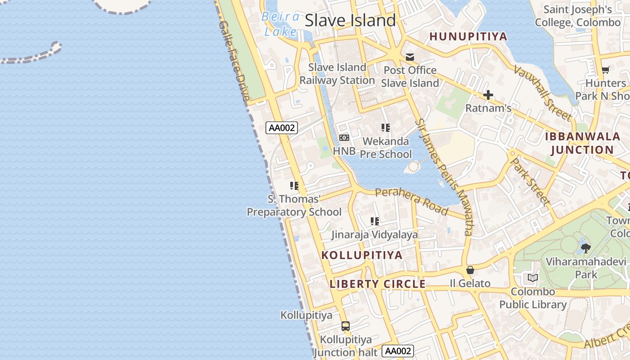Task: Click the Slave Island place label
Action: click(350, 20)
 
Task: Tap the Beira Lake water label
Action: click(281, 24)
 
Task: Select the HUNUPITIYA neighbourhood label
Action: click(468, 36)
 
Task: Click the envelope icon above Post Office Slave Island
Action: click(410, 57)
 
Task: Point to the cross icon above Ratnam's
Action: click(488, 95)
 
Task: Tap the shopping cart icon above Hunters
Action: click(606, 70)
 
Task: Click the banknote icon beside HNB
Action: click(344, 138)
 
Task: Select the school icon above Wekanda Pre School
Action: click(386, 128)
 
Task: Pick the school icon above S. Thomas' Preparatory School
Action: click(294, 185)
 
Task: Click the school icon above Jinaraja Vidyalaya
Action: click(374, 221)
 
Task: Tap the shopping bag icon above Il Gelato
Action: click(470, 270)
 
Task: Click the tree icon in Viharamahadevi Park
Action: click(585, 247)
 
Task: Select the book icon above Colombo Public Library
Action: click(533, 278)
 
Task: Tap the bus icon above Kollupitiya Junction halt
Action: click(346, 326)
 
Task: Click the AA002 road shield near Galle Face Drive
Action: click(282, 128)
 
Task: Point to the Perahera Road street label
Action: click(412, 201)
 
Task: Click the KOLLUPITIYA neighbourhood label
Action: click(362, 255)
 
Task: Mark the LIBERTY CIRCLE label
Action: click(378, 284)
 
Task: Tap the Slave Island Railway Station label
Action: click(337, 74)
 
